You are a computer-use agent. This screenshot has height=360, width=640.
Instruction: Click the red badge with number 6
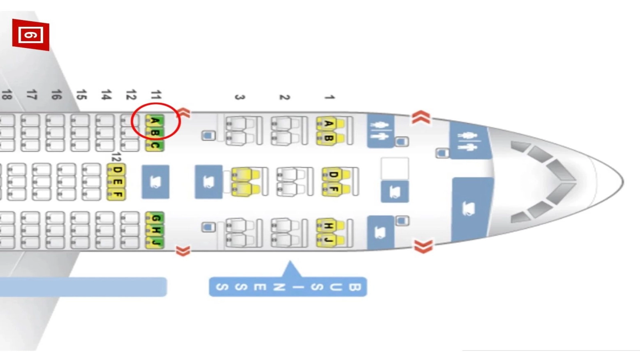click(30, 35)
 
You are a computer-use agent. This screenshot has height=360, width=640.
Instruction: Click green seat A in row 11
click(154, 121)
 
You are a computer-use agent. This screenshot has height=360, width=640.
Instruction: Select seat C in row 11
click(154, 146)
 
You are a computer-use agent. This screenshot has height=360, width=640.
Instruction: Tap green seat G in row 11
click(154, 218)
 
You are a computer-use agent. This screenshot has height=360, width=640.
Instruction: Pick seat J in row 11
click(154, 242)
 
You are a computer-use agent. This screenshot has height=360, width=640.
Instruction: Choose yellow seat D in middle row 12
click(116, 170)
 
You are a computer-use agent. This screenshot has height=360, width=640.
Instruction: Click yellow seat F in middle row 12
click(116, 194)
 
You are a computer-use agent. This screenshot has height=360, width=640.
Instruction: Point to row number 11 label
click(156, 94)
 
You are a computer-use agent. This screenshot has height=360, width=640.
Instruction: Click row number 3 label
click(240, 97)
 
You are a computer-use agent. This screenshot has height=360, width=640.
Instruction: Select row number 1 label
click(330, 97)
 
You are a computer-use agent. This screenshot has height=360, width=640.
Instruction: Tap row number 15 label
click(82, 94)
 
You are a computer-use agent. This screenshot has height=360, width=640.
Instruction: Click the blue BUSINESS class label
click(288, 286)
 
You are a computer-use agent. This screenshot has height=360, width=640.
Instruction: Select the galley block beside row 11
click(156, 182)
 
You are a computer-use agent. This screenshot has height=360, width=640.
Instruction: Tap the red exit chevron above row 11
click(184, 113)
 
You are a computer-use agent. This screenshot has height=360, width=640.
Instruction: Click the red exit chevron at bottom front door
click(423, 246)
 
